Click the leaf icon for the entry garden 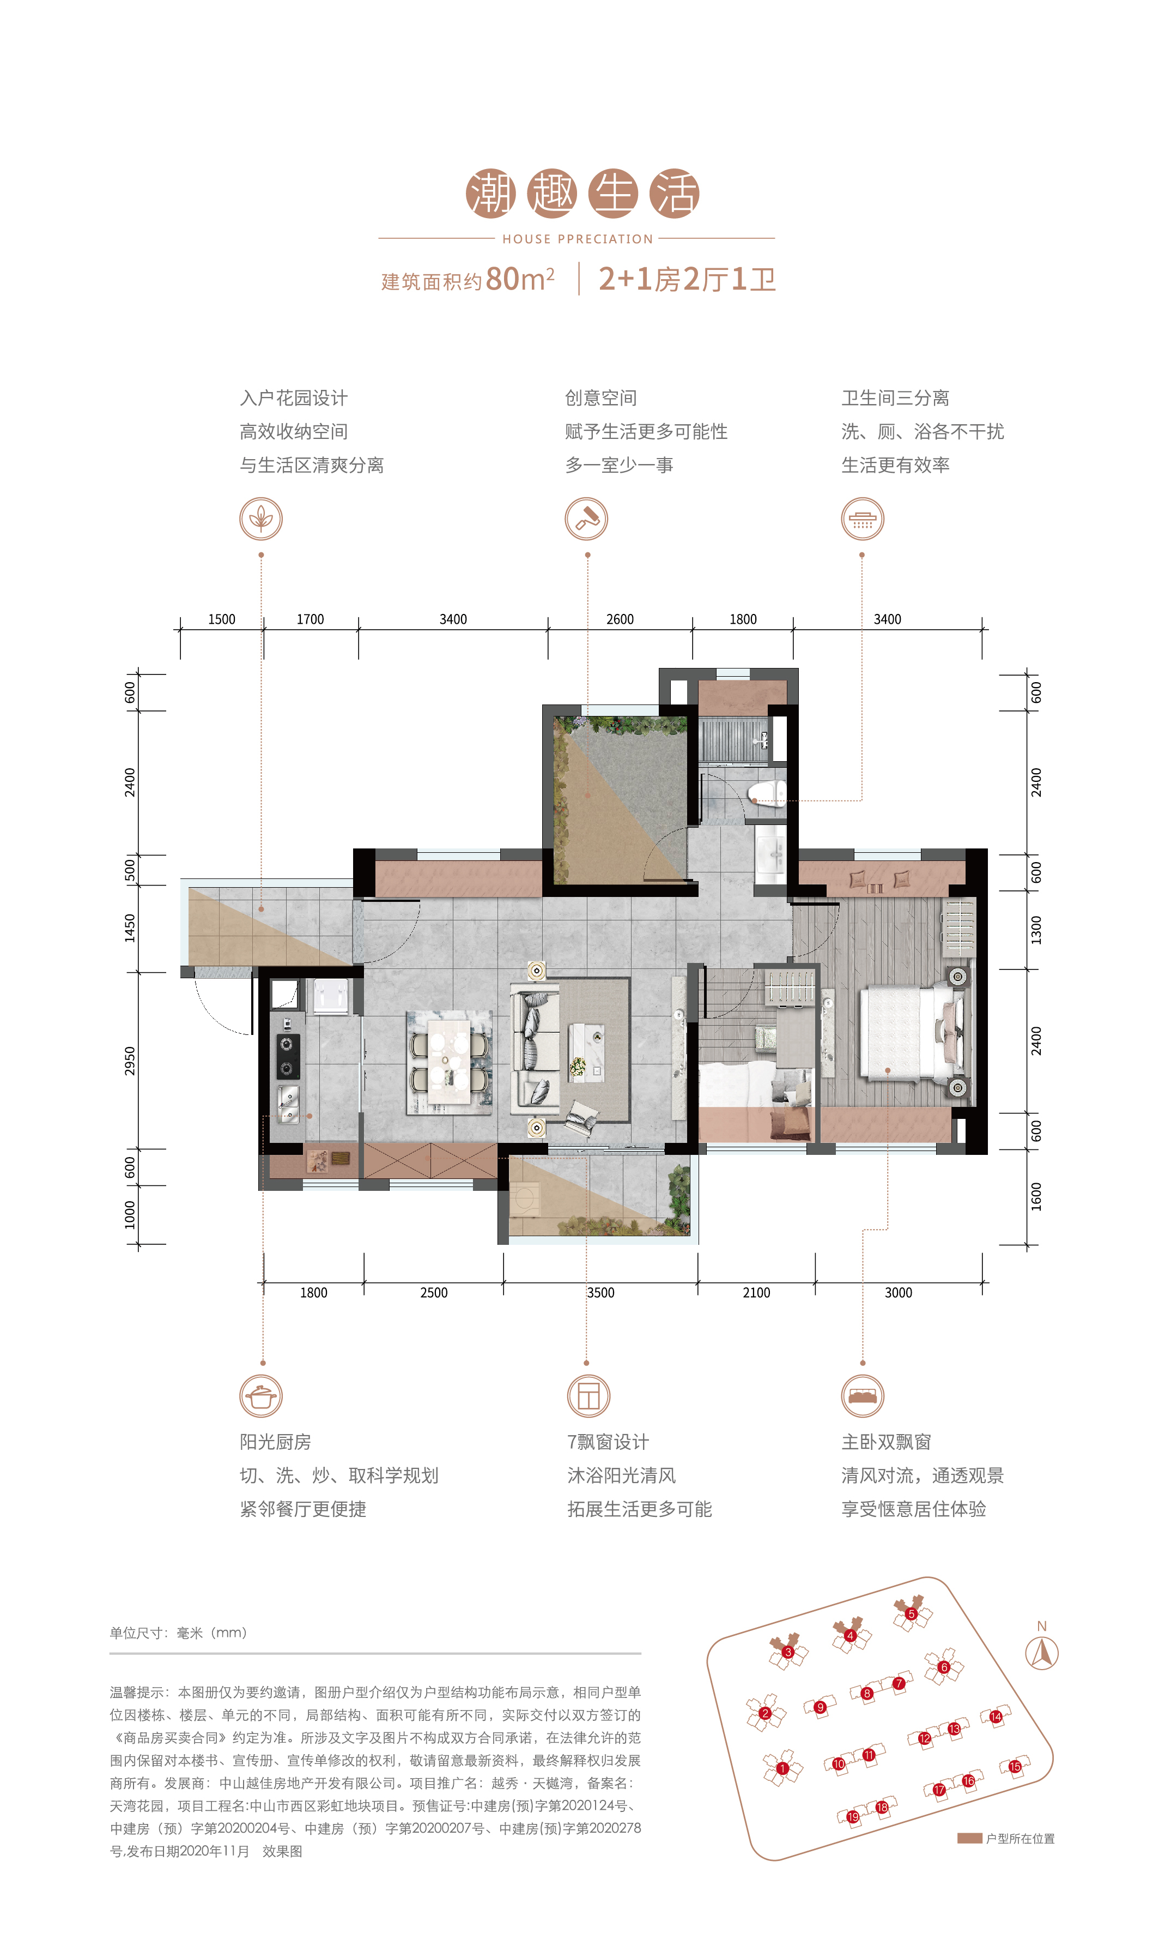261,519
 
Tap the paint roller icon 586,519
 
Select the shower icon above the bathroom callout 862,519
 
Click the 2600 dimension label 620,619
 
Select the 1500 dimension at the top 222,619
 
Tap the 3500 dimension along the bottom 600,1292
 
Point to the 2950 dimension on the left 130,1060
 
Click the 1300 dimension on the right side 1036,930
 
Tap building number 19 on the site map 853,1816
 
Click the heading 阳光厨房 276,1442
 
